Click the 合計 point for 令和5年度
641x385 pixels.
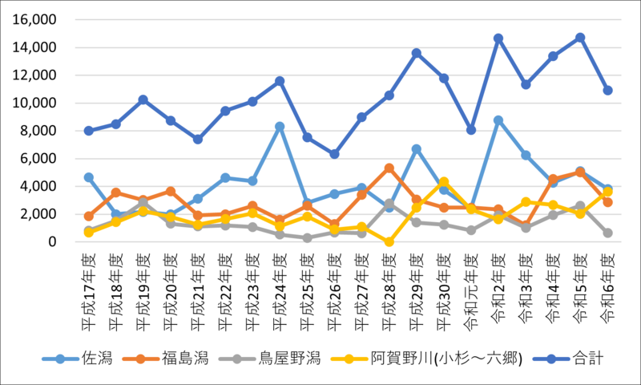tap(580, 38)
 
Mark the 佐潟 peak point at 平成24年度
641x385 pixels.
tap(280, 127)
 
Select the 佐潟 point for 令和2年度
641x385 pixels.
tap(498, 120)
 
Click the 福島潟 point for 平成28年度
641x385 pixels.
tap(389, 168)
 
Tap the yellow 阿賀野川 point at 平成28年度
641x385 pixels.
tap(389, 241)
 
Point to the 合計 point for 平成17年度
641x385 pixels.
tap(88, 131)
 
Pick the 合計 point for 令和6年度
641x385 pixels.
tap(607, 91)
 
